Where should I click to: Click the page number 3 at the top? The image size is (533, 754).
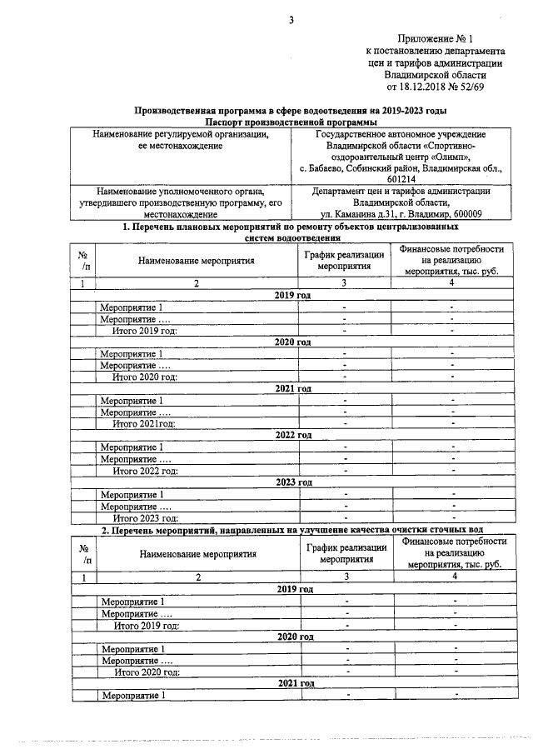[291, 21]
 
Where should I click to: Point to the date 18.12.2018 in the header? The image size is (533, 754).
[426, 85]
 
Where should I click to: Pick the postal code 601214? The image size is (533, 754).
[401, 178]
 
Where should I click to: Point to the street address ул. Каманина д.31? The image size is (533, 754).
[358, 213]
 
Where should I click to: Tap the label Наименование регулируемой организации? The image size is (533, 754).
[181, 134]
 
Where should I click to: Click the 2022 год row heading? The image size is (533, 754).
[293, 435]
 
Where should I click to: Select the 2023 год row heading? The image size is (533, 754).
[293, 482]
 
